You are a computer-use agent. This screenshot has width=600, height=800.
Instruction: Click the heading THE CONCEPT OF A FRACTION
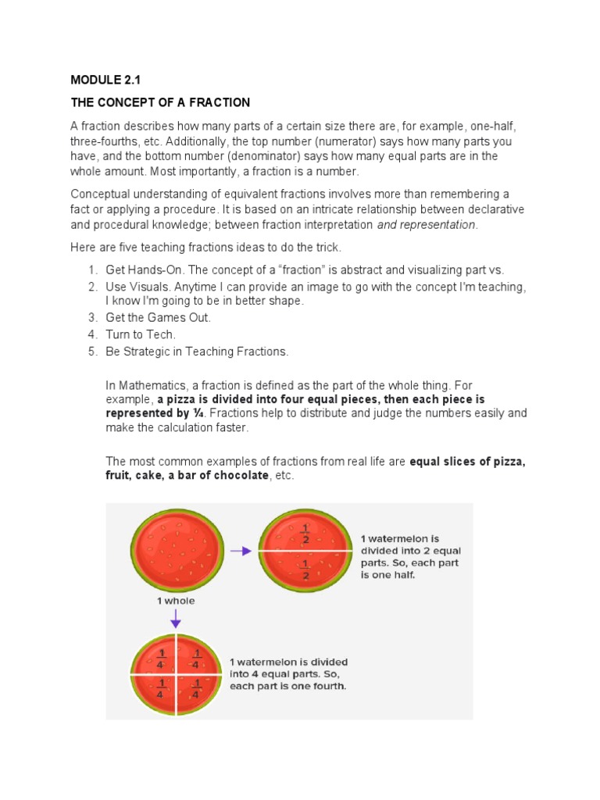click(x=160, y=102)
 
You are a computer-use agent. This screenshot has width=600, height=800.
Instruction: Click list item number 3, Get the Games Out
click(x=159, y=317)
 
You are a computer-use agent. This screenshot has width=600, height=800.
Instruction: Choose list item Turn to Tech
click(x=141, y=334)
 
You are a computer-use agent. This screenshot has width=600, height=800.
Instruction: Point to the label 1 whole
click(x=176, y=601)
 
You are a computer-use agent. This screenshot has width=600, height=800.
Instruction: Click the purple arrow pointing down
click(x=176, y=620)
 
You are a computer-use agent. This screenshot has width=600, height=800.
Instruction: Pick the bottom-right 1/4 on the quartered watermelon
click(x=196, y=687)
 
